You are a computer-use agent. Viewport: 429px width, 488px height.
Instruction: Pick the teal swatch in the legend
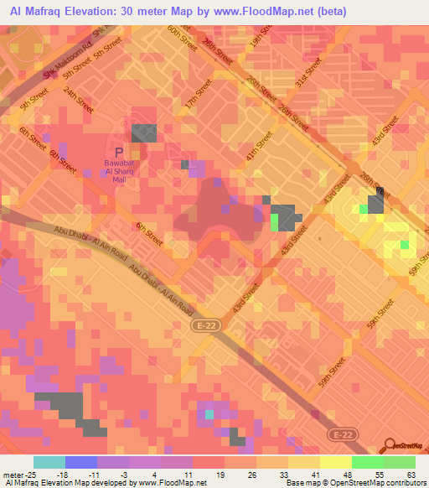point(49,462)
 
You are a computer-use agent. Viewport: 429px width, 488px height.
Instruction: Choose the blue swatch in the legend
point(80,462)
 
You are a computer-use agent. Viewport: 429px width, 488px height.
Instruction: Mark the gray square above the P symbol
point(143,132)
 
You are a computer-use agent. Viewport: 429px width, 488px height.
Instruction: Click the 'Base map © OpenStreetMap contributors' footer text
point(353,483)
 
